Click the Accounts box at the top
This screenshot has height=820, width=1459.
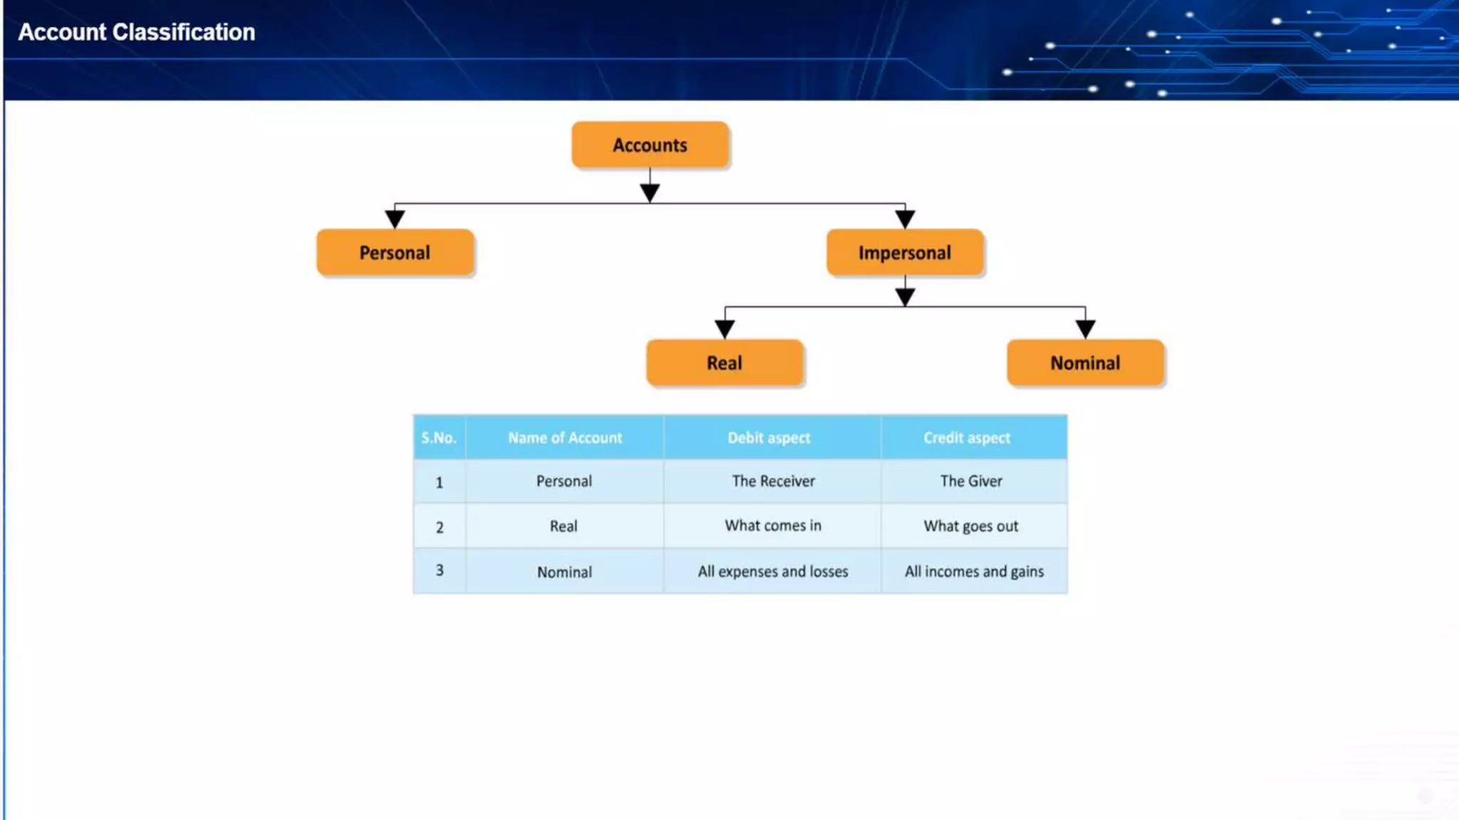tap(650, 145)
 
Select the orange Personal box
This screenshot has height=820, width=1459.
tap(395, 253)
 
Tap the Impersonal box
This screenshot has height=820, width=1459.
tap(904, 253)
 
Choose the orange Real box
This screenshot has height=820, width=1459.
tap(725, 363)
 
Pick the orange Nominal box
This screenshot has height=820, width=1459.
tap(1085, 363)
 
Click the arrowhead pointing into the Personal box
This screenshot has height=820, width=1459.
tap(395, 219)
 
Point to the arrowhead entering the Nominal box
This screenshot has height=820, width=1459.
tap(1085, 329)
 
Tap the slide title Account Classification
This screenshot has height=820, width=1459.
tap(137, 32)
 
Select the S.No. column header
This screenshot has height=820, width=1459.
tap(439, 438)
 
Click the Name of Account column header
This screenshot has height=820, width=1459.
tap(564, 438)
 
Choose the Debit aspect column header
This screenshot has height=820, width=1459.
tap(769, 438)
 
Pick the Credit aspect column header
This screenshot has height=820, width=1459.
tap(967, 438)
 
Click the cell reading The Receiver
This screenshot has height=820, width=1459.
tap(773, 481)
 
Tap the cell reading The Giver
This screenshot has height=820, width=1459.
tap(971, 481)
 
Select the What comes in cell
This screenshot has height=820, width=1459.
tap(773, 525)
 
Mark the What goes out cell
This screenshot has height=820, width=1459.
tap(971, 526)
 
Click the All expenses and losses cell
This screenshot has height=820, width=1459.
tap(773, 572)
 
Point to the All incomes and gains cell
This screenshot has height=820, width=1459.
tap(974, 572)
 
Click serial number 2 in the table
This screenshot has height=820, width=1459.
tap(440, 527)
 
